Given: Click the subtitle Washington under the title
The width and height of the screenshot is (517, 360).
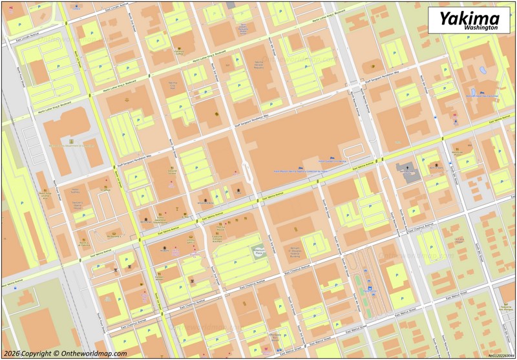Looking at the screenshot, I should pos(481,28).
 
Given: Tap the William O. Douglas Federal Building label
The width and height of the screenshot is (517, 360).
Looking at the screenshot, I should pos(297,251).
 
